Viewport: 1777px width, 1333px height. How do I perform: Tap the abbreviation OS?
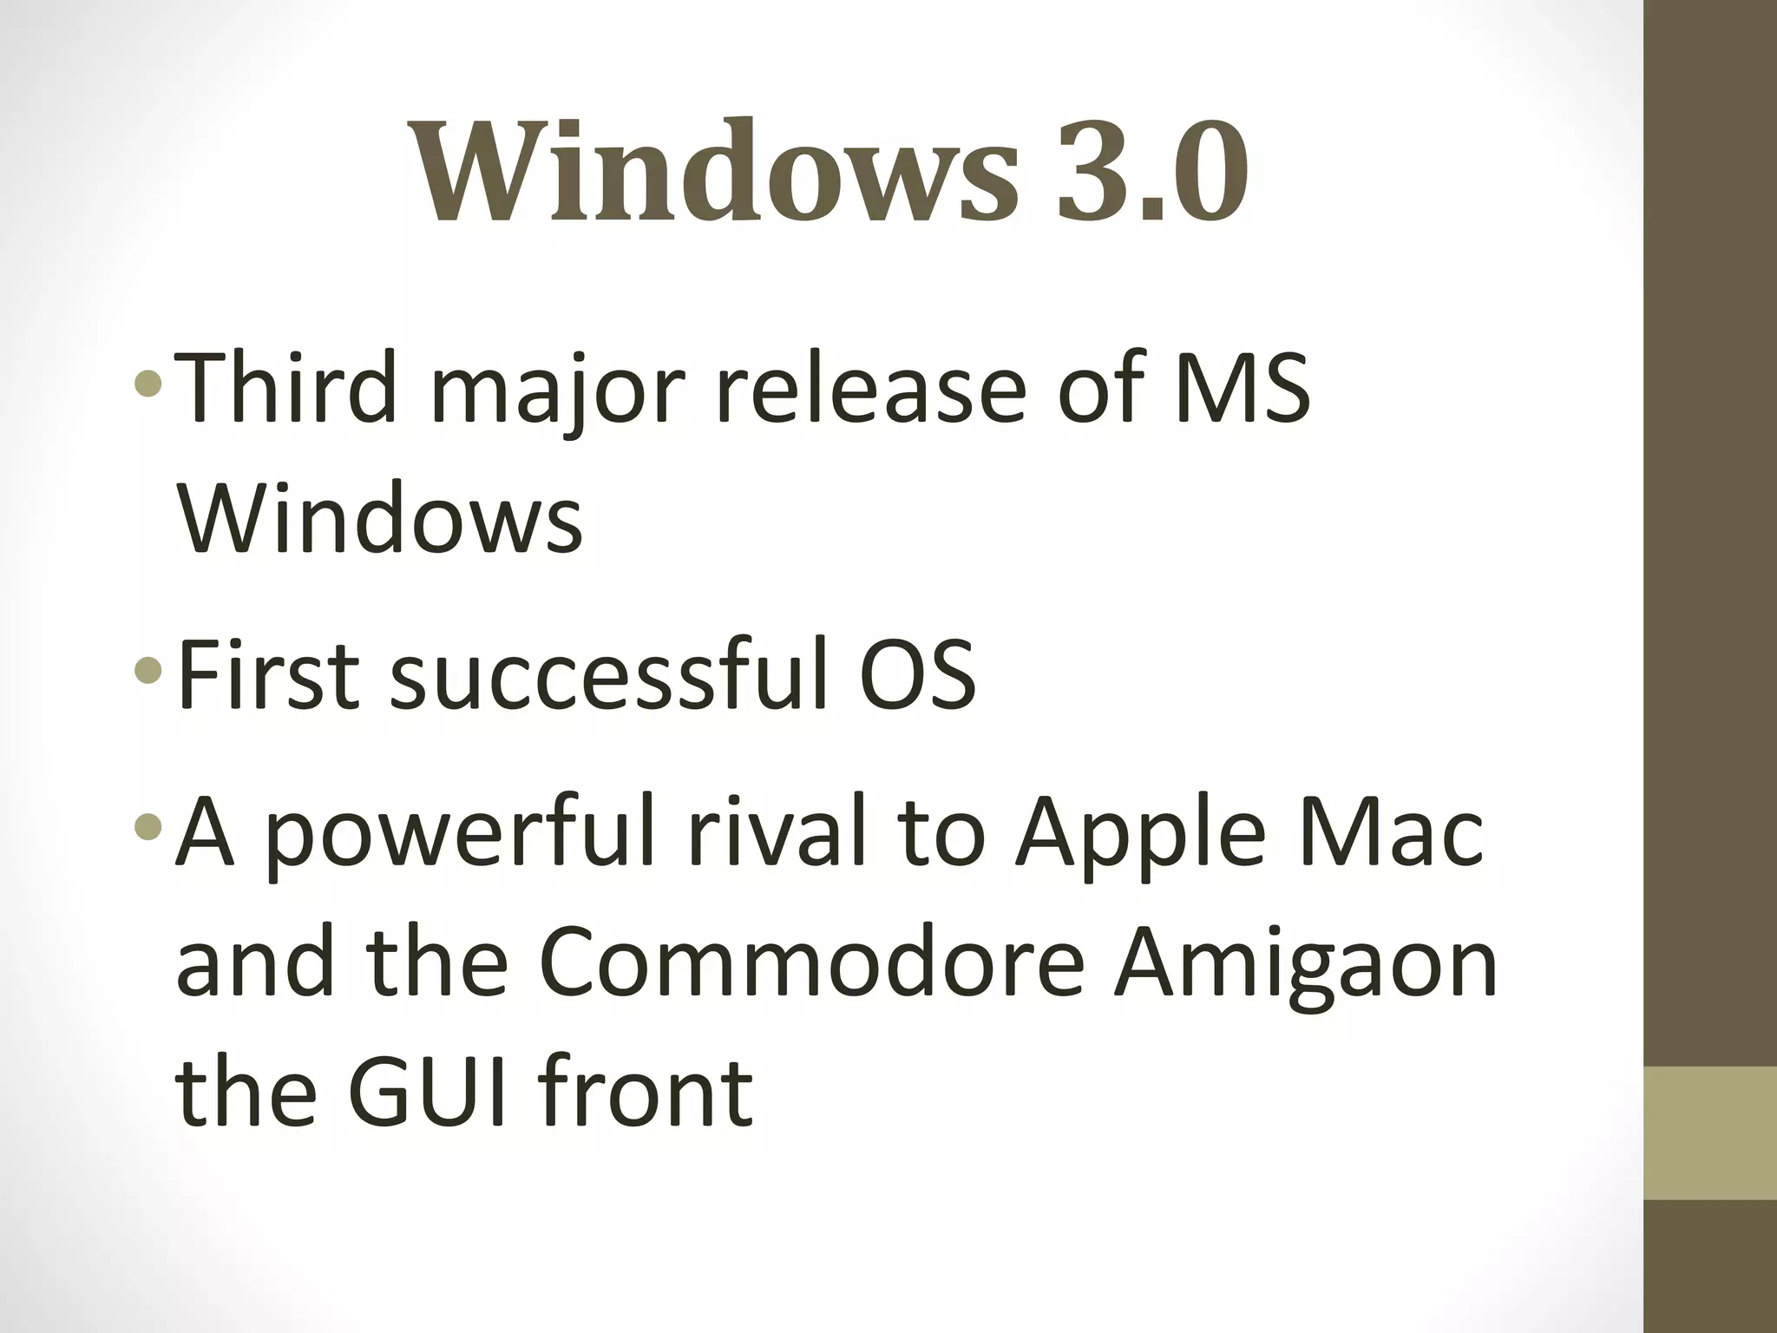coord(918,674)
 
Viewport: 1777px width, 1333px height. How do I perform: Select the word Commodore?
coord(811,962)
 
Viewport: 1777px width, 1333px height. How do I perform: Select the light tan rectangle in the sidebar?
coord(1709,1133)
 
